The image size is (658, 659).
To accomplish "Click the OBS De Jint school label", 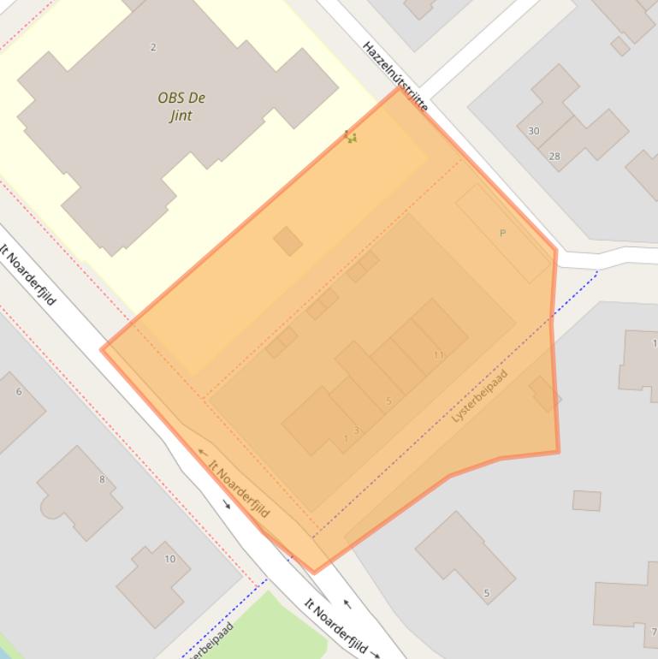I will [x=181, y=106].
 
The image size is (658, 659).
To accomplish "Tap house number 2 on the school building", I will [x=153, y=47].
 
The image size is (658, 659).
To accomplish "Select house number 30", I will [x=534, y=131].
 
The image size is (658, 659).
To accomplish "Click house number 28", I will [x=554, y=156].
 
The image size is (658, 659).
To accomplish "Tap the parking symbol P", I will [x=502, y=233].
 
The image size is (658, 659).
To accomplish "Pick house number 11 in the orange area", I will [x=438, y=355].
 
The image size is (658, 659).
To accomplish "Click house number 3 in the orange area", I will [x=357, y=430].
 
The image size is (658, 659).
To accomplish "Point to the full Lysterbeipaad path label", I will [x=479, y=396].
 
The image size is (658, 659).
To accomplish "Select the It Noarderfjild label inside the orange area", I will [x=240, y=489].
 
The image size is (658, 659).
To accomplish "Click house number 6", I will [x=19, y=392].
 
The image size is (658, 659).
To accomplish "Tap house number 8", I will [x=102, y=479].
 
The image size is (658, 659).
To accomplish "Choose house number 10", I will [x=169, y=559].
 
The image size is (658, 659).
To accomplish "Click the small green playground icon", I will [x=350, y=136].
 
